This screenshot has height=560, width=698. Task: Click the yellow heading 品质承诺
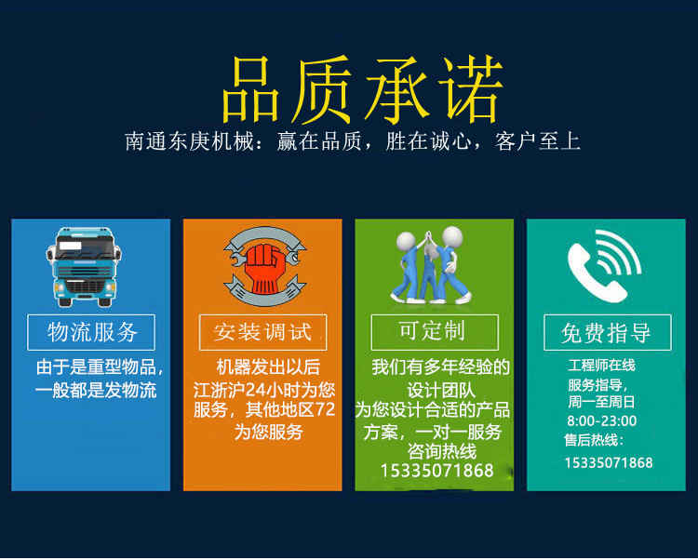tap(363, 89)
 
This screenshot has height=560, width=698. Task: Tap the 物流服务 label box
tap(91, 332)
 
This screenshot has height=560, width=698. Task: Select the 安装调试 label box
tap(262, 332)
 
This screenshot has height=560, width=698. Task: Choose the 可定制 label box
tap(435, 332)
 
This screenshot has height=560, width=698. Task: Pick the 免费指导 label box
tap(607, 332)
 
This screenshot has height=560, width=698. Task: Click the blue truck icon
tap(84, 267)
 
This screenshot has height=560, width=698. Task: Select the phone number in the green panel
tap(437, 471)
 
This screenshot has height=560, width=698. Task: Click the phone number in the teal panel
tap(609, 463)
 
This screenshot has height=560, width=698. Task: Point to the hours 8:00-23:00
tap(602, 420)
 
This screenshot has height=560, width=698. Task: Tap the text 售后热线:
tap(594, 440)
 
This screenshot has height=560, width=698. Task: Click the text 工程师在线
tap(601, 366)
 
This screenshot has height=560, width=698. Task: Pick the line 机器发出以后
tap(268, 367)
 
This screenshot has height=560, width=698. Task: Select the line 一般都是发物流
tap(96, 391)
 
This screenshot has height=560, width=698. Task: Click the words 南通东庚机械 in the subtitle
tap(190, 141)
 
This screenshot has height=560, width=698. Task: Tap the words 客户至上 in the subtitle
tap(537, 141)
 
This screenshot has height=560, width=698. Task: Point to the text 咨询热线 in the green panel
tap(442, 451)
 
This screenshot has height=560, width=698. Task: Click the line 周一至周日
tap(601, 402)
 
